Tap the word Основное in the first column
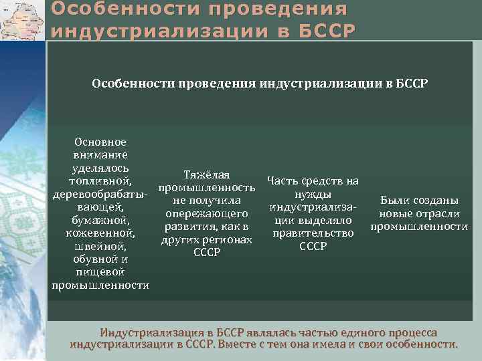(100, 142)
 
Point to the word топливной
(100, 180)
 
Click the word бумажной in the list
(100, 220)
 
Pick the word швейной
(100, 246)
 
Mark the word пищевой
(100, 272)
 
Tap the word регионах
(229, 239)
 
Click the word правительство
(313, 233)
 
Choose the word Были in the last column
(393, 201)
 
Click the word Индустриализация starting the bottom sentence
(147, 332)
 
